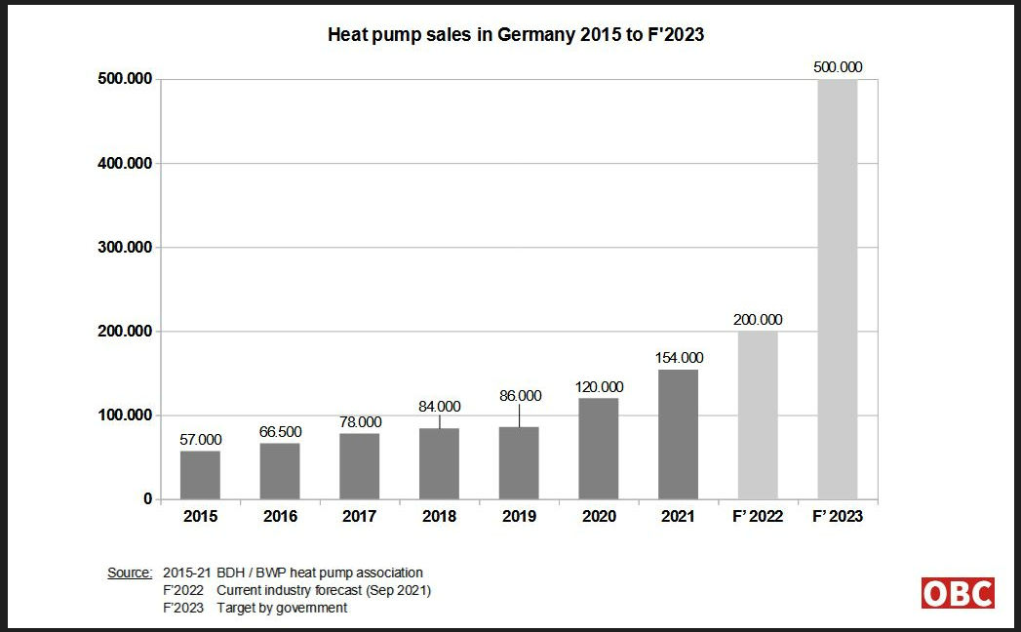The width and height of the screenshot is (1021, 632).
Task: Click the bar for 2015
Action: click(x=200, y=474)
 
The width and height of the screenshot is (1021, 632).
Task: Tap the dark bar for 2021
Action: click(x=679, y=434)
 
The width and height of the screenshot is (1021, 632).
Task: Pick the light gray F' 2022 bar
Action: click(x=758, y=415)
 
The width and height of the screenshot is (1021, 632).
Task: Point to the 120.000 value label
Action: click(x=599, y=386)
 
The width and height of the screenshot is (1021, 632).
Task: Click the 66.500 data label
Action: click(x=280, y=431)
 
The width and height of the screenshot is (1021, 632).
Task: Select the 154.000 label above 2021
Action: click(x=679, y=358)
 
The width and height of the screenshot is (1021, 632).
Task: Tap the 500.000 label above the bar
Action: click(x=838, y=67)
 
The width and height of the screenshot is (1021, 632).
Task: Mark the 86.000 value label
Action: click(x=519, y=396)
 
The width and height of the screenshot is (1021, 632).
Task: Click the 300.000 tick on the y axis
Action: click(x=126, y=248)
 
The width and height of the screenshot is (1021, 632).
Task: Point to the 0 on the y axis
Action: click(x=148, y=499)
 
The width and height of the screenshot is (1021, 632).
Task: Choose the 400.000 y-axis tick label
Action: click(x=126, y=164)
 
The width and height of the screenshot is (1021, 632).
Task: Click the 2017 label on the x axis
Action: click(x=359, y=517)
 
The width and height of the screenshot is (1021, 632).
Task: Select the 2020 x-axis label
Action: click(x=599, y=517)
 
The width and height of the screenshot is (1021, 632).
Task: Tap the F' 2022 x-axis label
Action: click(x=757, y=517)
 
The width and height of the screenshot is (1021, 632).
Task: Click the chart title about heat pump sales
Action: click(x=516, y=35)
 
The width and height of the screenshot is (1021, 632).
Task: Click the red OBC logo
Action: click(x=958, y=593)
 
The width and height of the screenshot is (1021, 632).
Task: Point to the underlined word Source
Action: click(x=130, y=573)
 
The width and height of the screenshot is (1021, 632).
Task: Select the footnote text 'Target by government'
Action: click(x=282, y=608)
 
